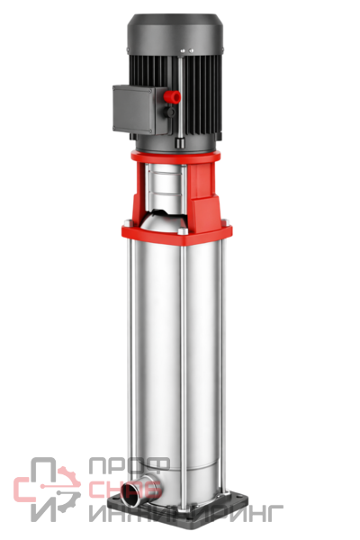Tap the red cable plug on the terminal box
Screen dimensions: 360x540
[173, 97]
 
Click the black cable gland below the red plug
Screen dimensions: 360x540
[170, 112]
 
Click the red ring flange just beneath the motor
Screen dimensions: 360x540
[175, 157]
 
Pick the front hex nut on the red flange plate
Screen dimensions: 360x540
[183, 230]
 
